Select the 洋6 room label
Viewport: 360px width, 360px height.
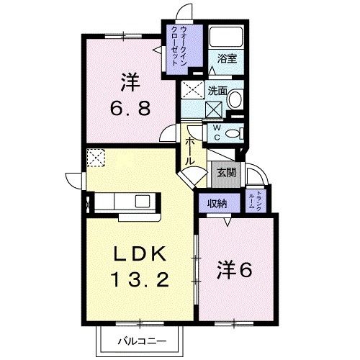235,270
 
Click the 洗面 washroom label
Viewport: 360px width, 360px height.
217,91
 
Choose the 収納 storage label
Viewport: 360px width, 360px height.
218,204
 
